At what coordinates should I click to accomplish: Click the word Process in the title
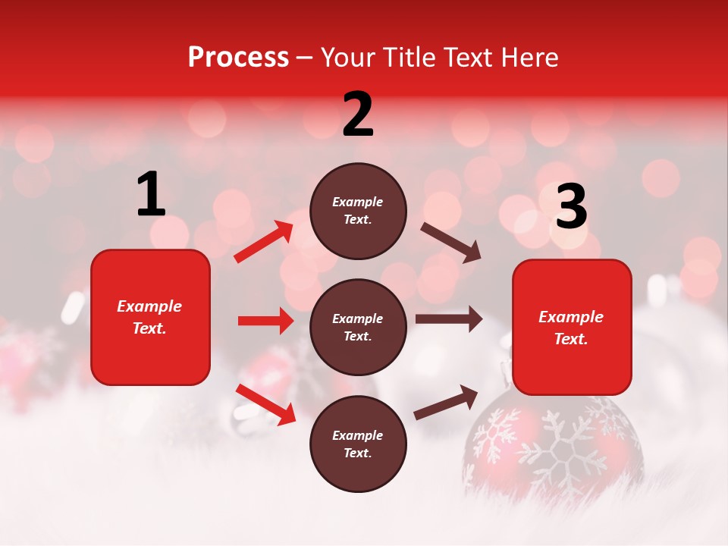pyautogui.click(x=238, y=58)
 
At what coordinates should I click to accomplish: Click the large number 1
pyautogui.click(x=151, y=195)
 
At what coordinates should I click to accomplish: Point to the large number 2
pyautogui.click(x=358, y=114)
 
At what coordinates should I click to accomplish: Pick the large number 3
pyautogui.click(x=571, y=207)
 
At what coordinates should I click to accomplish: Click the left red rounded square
pyautogui.click(x=150, y=317)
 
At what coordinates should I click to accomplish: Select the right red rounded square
pyautogui.click(x=572, y=327)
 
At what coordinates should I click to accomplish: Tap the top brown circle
pyautogui.click(x=358, y=211)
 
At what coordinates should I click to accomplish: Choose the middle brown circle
pyautogui.click(x=358, y=327)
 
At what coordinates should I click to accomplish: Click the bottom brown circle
pyautogui.click(x=358, y=444)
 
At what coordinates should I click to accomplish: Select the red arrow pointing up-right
pyautogui.click(x=264, y=241)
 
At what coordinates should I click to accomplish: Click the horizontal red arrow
pyautogui.click(x=265, y=321)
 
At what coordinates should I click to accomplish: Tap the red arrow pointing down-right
pyautogui.click(x=265, y=404)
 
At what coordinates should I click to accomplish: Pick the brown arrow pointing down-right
pyautogui.click(x=450, y=242)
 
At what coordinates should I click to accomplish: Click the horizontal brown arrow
pyautogui.click(x=448, y=319)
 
